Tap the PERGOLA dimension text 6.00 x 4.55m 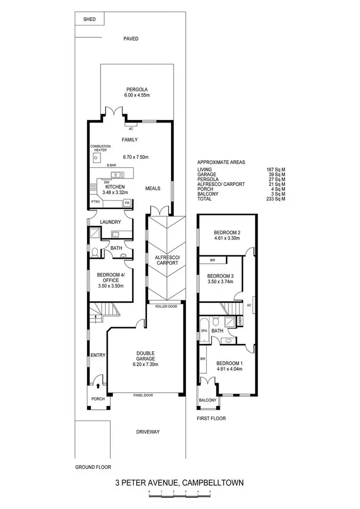[137, 95]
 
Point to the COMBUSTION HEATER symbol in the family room [96, 157]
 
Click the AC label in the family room [131, 129]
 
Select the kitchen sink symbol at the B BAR [115, 174]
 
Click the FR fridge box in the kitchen [127, 203]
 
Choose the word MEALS [153, 188]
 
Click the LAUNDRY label [110, 222]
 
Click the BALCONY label [207, 400]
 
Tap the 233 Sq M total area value [276, 199]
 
